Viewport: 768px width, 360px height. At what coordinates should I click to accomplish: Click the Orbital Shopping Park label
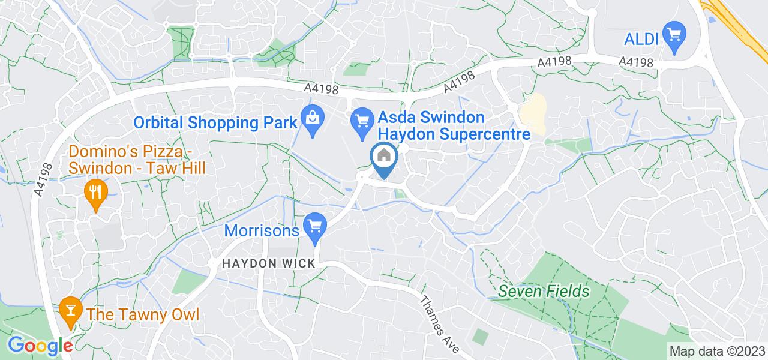click(x=215, y=122)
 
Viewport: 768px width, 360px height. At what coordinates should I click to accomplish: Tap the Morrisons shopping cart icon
click(x=316, y=226)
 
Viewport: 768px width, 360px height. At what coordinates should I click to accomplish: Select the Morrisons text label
click(x=262, y=230)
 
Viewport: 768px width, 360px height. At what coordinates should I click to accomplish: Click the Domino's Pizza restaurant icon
click(x=95, y=193)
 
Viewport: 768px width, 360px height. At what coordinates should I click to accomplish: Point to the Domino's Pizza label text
click(x=137, y=160)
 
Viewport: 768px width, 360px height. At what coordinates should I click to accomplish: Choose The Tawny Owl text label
click(x=143, y=314)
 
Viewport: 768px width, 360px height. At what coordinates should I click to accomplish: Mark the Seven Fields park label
click(x=544, y=292)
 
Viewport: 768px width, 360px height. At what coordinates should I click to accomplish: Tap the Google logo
click(x=40, y=346)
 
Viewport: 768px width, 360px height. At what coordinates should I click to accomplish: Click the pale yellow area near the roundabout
click(x=533, y=114)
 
